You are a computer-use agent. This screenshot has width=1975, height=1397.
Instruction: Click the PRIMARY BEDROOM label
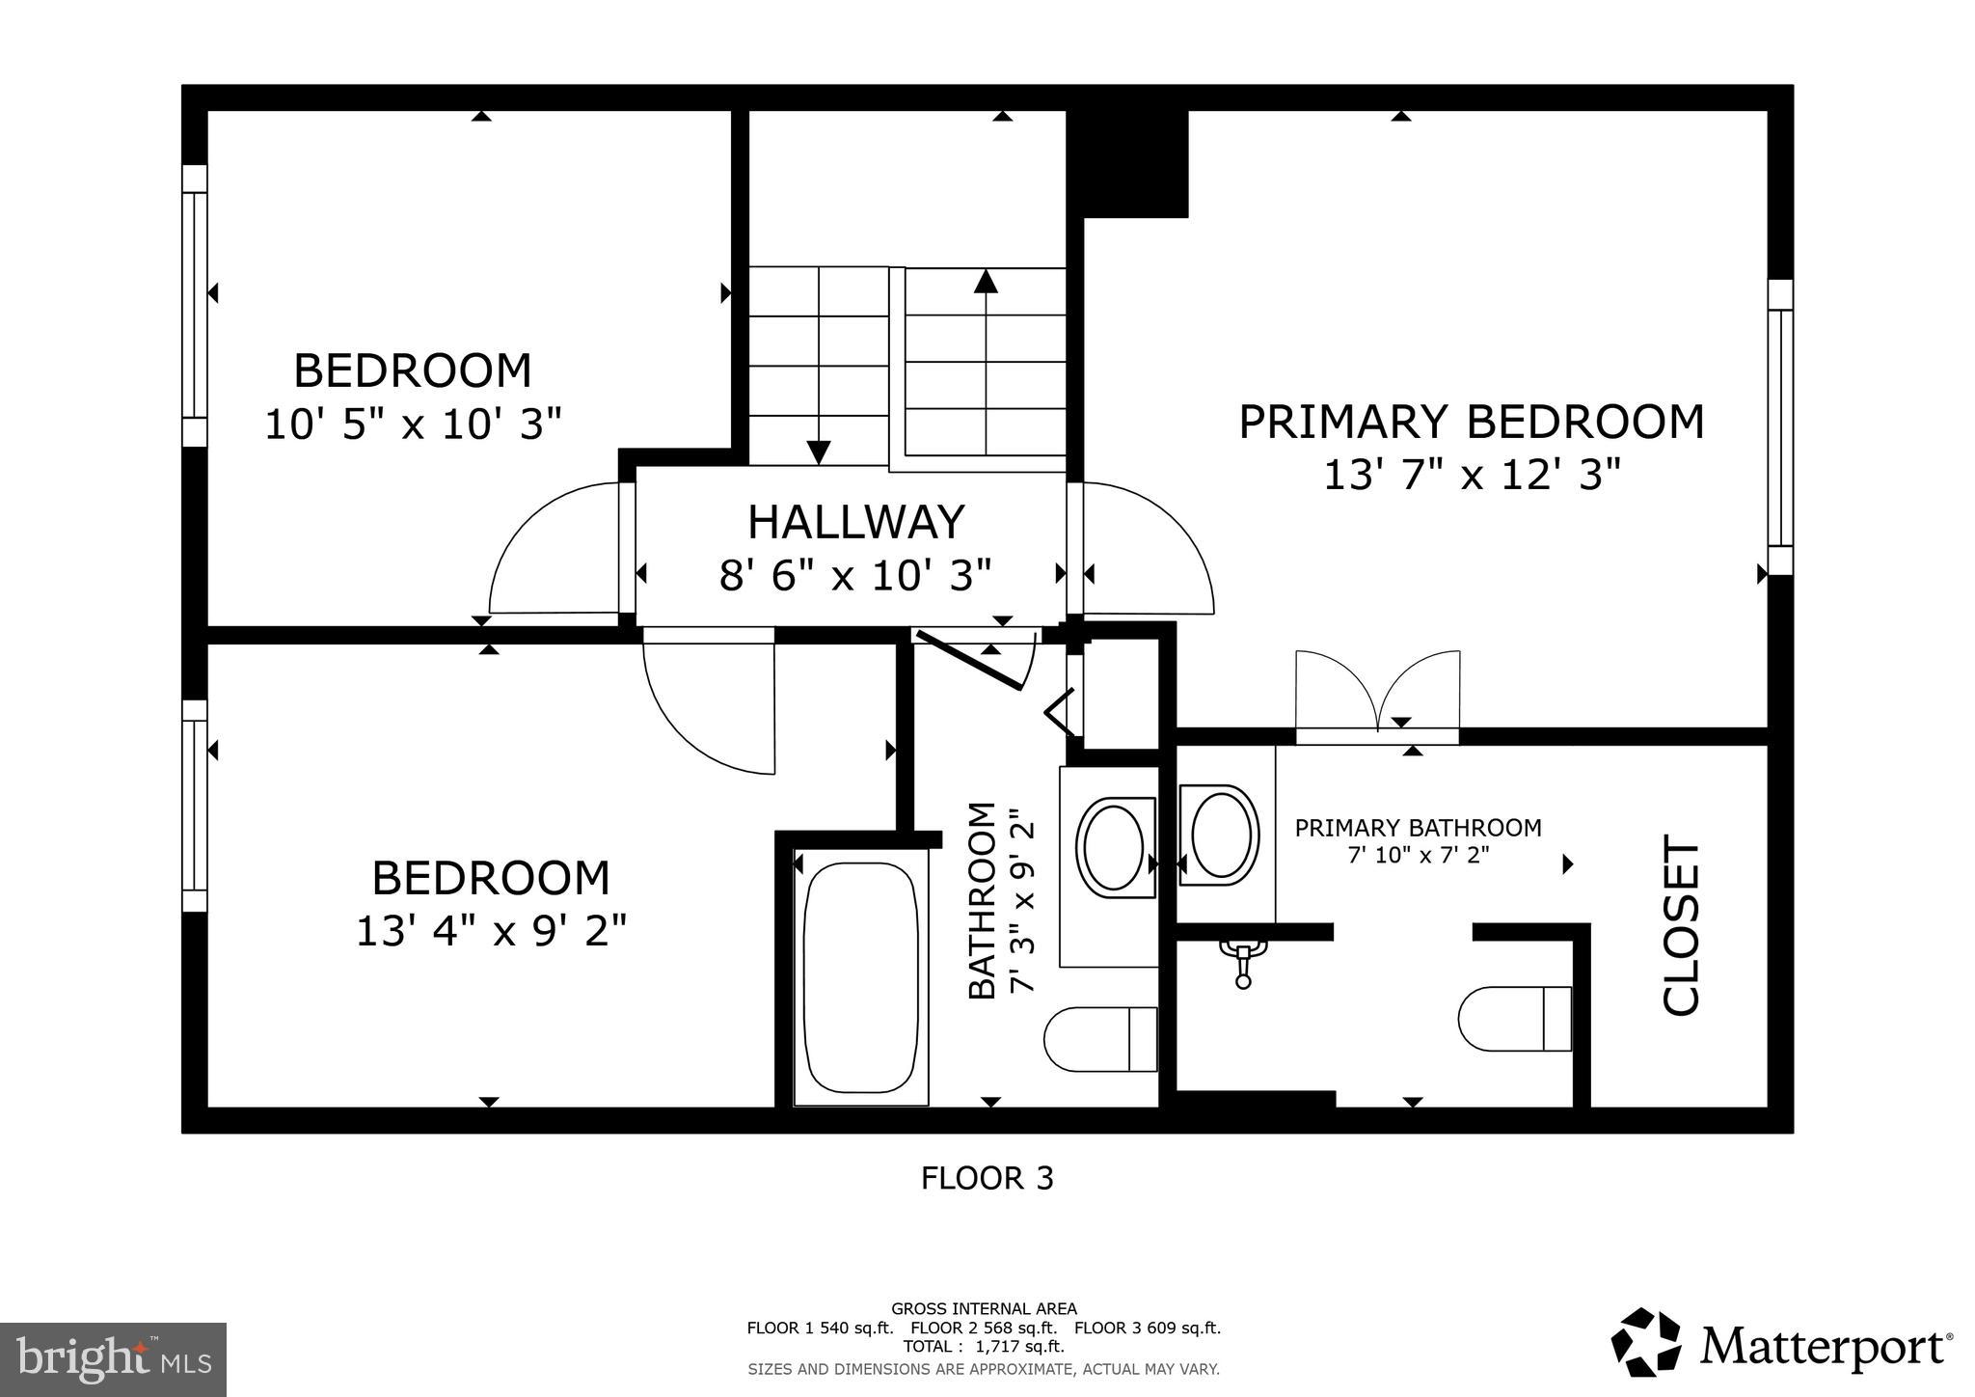click(x=1471, y=423)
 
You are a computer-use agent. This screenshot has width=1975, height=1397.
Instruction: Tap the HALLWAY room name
click(x=855, y=522)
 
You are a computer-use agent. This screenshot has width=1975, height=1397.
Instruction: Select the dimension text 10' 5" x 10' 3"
click(x=413, y=425)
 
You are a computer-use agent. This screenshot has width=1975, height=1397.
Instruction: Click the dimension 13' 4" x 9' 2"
click(x=491, y=931)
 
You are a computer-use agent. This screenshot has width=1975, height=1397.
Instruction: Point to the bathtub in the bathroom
click(x=860, y=977)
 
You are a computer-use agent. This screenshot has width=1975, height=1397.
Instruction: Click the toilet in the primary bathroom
click(x=1514, y=1019)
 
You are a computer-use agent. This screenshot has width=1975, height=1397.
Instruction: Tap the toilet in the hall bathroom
click(x=1100, y=1039)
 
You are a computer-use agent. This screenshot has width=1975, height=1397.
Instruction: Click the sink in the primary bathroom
click(x=1221, y=835)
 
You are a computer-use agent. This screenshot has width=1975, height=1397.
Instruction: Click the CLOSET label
click(x=1682, y=926)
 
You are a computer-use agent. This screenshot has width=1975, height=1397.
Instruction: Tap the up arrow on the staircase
click(x=985, y=282)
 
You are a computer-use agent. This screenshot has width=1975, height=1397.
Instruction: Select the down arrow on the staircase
click(x=818, y=451)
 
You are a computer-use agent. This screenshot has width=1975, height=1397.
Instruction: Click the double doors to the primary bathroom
click(x=1377, y=695)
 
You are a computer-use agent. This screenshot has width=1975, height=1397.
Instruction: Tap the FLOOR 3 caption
click(x=987, y=1178)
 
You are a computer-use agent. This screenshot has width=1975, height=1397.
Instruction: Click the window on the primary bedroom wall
click(x=1780, y=427)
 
